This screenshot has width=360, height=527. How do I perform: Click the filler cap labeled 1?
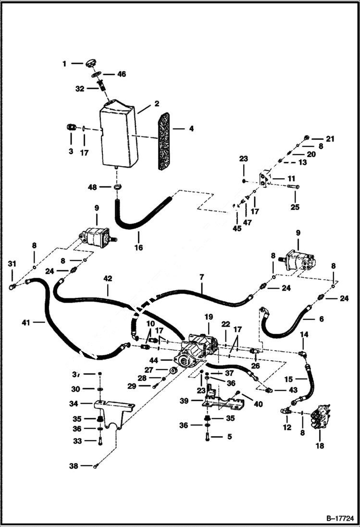91,63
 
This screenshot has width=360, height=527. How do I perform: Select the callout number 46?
122,74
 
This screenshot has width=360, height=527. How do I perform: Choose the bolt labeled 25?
294,187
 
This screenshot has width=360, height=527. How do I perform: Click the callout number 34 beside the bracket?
74,403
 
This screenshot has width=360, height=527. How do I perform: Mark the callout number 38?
74,466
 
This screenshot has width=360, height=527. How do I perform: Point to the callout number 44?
153,359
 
